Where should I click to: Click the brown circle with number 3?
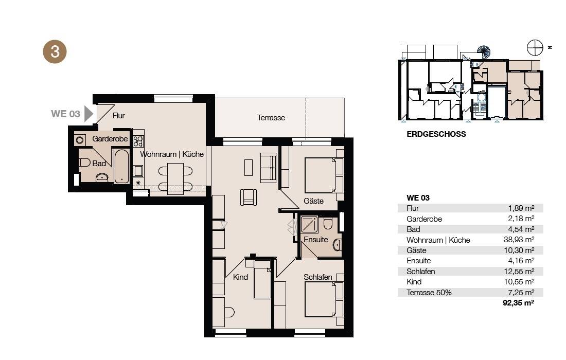55,51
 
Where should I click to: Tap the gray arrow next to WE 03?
89,114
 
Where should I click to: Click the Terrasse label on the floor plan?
271,118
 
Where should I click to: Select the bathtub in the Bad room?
121,166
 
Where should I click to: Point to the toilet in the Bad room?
84,163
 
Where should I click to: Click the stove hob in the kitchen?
138,141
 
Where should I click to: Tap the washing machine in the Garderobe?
80,139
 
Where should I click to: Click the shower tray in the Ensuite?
309,224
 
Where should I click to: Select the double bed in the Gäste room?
324,175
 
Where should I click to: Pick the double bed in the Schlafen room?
324,299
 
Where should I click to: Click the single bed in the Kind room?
262,279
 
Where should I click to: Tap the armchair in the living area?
249,197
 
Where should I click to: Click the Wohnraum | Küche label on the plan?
172,154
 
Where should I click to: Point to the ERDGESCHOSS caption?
436,134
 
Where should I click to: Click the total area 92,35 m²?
518,303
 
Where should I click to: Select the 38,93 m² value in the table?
519,240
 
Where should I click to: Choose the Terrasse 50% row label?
429,293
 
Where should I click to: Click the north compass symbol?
535,48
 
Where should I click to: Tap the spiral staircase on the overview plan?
484,52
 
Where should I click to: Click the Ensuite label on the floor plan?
316,240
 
